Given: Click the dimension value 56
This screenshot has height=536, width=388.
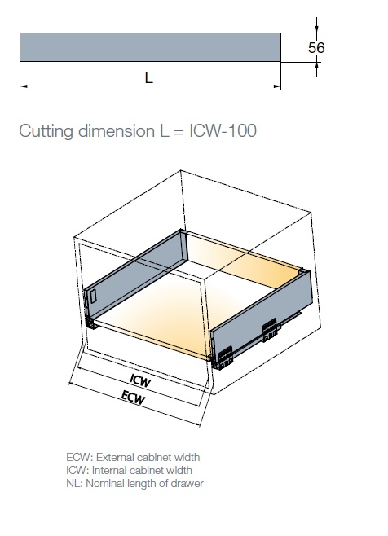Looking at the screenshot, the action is tap(316, 47).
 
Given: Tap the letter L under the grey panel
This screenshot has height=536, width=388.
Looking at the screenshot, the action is tap(148, 78).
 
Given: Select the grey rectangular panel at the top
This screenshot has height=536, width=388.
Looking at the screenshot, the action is tap(150, 47).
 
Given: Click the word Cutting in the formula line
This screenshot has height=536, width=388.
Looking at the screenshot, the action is tap(46, 131).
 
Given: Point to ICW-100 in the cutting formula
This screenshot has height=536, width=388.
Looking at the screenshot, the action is tap(223, 130).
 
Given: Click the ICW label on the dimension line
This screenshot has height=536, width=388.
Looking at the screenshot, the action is tap(140, 380).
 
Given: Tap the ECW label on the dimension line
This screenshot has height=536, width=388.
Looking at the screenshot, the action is tap(133, 398).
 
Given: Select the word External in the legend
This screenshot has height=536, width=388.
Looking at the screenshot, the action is tap(115, 457).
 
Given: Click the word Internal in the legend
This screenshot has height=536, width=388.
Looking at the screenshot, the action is tap(109, 470).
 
